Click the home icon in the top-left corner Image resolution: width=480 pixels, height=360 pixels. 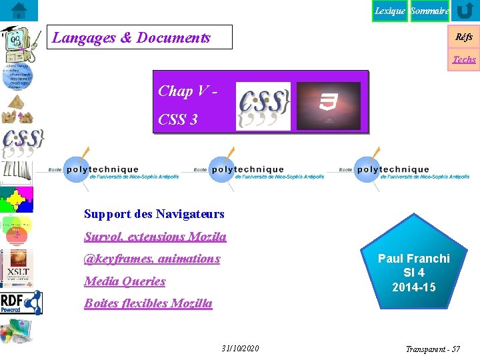point(19,11)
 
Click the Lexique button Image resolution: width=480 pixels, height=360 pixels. point(389,11)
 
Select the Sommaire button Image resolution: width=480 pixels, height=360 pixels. point(429,11)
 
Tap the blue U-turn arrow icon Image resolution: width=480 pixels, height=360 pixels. point(465,11)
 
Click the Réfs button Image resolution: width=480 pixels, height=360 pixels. point(464,37)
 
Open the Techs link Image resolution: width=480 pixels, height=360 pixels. point(464,59)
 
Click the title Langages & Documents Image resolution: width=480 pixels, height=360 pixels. point(131,38)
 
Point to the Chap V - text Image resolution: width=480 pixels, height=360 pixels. point(187,91)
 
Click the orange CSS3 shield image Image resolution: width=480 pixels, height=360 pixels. point(328,105)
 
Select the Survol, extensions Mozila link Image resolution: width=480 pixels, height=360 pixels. point(155,237)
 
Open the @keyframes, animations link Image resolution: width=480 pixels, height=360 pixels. point(152,259)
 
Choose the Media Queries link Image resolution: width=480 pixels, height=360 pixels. point(125,281)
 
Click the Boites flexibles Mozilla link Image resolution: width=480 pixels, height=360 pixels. point(148,303)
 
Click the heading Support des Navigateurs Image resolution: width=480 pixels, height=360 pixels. point(154,214)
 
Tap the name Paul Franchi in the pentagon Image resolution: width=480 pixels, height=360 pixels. point(414,259)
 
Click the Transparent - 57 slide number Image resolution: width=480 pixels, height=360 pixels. point(433,349)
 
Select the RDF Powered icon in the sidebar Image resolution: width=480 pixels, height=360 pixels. point(21,302)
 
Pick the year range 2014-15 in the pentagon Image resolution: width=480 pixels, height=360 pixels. point(414,287)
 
